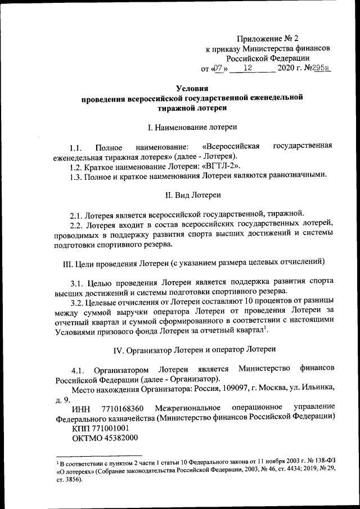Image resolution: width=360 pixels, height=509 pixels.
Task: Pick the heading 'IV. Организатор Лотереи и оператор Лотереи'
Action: pyautogui.click(x=194, y=349)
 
